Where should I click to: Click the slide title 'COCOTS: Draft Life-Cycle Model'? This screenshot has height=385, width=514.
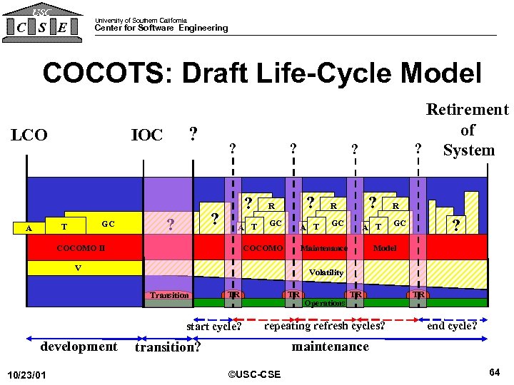point(262,73)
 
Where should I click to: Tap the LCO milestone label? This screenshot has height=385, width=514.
point(29,135)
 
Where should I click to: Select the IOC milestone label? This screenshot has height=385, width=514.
point(147,135)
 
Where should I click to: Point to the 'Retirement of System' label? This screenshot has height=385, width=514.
point(468,130)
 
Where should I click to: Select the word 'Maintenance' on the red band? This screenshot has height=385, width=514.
point(324,248)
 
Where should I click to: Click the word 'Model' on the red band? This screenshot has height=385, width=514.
point(385,248)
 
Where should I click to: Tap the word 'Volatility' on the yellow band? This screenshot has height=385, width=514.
point(326,272)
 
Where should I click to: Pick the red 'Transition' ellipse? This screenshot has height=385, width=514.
point(169,295)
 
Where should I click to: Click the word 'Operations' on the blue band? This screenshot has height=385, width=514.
point(325,303)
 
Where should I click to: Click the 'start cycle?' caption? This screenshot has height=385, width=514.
point(213,327)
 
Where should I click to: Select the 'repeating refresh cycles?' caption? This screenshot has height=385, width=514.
point(324,326)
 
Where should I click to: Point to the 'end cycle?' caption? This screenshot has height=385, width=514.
point(451,326)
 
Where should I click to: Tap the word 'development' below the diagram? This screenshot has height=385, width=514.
point(79,346)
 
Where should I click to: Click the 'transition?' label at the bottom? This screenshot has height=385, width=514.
point(168,348)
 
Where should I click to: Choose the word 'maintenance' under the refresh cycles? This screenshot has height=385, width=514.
point(330,346)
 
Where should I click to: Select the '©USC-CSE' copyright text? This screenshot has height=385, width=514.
point(253,374)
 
